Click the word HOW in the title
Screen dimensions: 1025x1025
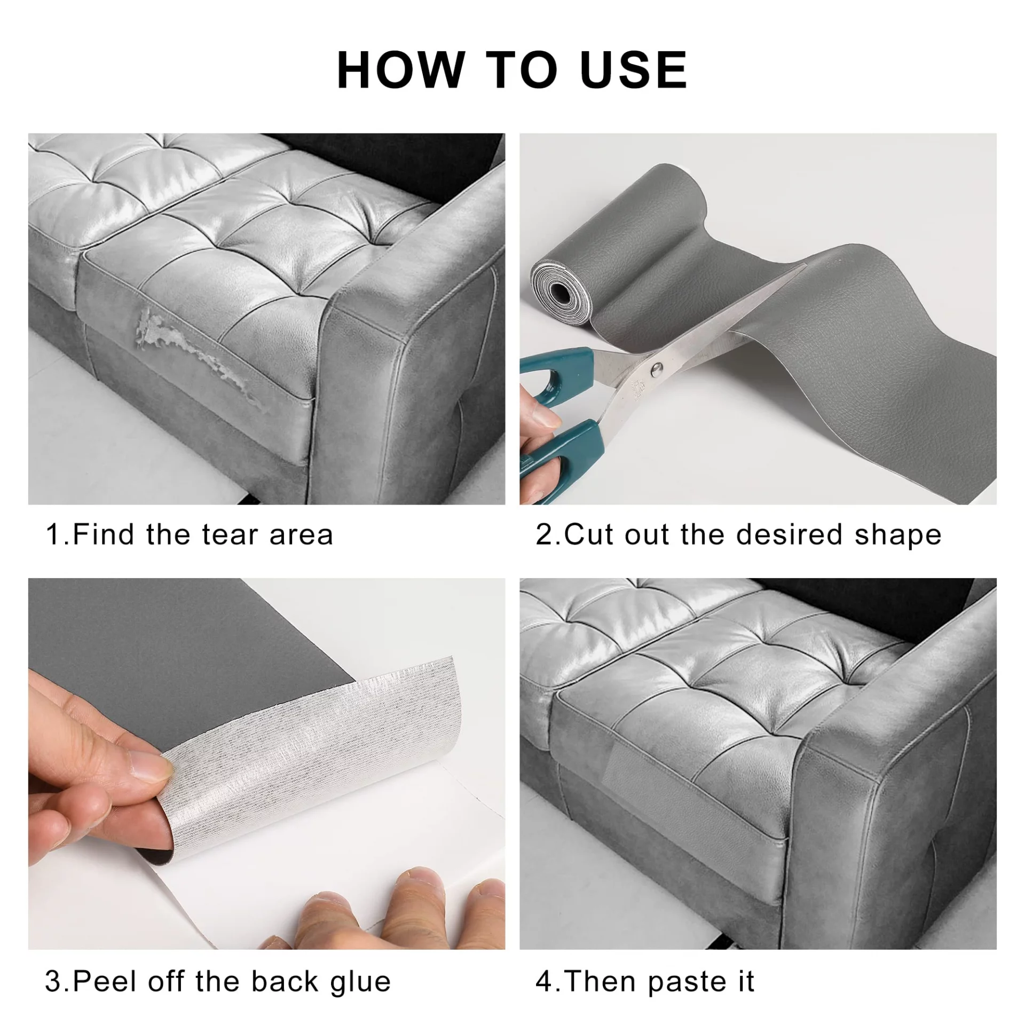tap(401, 69)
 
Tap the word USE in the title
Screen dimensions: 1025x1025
tap(634, 69)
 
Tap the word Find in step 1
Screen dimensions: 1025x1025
tap(102, 535)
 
